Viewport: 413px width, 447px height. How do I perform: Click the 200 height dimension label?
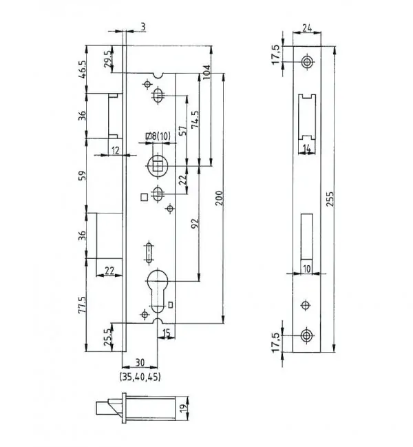[220, 198]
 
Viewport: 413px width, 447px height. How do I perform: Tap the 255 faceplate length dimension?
[330, 199]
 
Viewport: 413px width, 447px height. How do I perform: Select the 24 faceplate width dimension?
[307, 28]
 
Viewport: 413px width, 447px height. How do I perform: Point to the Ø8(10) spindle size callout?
[158, 136]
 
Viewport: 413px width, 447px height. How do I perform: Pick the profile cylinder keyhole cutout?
[157, 291]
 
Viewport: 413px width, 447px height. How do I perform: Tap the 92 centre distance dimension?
[195, 224]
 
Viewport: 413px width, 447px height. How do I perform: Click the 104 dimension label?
[206, 72]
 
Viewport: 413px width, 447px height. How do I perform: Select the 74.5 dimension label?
[195, 119]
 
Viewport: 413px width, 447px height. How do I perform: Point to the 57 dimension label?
[183, 130]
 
